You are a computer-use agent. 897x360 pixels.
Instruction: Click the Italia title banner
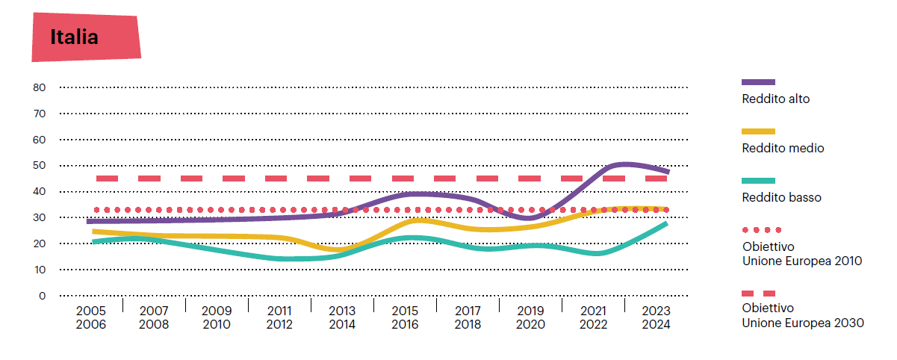[86, 37]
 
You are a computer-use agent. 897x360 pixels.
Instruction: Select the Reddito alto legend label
[775, 99]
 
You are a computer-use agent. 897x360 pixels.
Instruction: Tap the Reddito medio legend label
[783, 148]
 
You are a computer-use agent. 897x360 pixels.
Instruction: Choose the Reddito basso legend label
[781, 198]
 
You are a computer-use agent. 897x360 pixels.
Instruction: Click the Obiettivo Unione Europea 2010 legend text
[801, 254]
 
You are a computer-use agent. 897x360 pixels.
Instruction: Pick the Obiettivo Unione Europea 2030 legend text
[802, 315]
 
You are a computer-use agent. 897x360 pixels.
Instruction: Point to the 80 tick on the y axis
[40, 87]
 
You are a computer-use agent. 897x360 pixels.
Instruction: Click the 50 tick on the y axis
[40, 165]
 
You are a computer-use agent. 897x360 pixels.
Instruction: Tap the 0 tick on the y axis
[43, 296]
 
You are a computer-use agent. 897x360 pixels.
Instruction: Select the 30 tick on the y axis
[40, 217]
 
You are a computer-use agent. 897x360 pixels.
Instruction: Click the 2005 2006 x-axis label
[91, 317]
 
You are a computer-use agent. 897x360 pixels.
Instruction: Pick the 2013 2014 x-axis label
[342, 317]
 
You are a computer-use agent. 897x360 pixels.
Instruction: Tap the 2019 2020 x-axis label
[530, 317]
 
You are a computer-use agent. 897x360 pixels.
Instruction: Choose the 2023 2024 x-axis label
[655, 317]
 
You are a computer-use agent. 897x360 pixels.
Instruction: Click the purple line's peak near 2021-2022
[624, 164]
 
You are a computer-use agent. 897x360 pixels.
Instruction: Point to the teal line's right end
[666, 223]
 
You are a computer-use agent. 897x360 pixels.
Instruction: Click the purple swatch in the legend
[758, 81]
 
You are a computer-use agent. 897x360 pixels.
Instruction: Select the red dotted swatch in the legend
[761, 230]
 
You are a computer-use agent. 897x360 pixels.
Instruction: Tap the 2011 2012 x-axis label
[279, 317]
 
